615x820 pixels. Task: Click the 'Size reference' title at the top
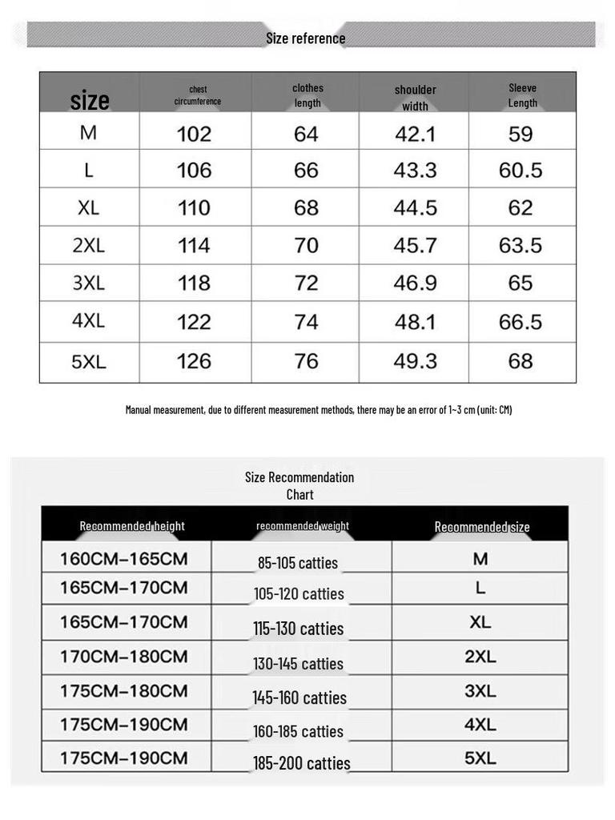pos(306,38)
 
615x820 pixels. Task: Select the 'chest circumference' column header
pos(198,95)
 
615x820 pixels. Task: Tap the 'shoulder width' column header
pos(415,98)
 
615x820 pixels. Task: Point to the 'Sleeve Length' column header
pos(522,95)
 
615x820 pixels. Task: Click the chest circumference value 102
pos(194,134)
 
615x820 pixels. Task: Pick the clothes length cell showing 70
pos(306,245)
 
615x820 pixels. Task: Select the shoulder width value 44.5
pos(415,207)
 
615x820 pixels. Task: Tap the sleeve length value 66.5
pos(521,322)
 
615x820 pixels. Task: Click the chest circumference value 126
pos(194,361)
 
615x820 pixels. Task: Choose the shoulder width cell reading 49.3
pos(415,361)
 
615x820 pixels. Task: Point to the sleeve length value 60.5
pos(521,170)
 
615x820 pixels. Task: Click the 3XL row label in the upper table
pos(88,283)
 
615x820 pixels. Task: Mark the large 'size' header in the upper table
pos(90,101)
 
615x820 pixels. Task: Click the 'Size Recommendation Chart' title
pos(299,485)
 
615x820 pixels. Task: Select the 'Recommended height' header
pos(132,526)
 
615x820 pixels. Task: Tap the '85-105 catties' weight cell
pos(298,563)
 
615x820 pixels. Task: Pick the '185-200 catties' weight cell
pos(302,763)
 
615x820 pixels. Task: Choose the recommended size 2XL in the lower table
pos(480,657)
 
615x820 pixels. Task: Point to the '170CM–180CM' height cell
pos(124,657)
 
